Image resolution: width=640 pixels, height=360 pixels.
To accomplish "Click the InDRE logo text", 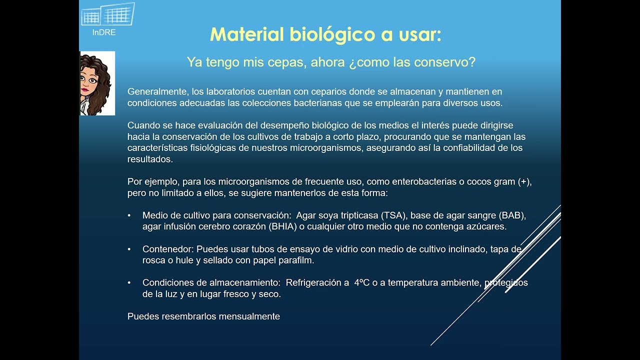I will point(104,32).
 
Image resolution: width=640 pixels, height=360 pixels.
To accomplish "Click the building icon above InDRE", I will point(108,15).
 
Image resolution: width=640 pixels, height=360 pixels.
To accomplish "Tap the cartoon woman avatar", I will point(97,83).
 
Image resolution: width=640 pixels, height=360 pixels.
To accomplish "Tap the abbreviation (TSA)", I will point(394,215).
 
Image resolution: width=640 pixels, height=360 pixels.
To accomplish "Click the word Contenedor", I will point(167,249).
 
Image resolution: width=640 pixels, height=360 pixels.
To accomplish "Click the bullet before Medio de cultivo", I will point(129,215).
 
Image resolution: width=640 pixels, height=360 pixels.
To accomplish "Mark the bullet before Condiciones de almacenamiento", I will point(129,283).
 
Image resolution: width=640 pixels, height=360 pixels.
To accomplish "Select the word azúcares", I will point(487,226).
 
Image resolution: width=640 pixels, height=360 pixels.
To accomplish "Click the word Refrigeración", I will point(317,283).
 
